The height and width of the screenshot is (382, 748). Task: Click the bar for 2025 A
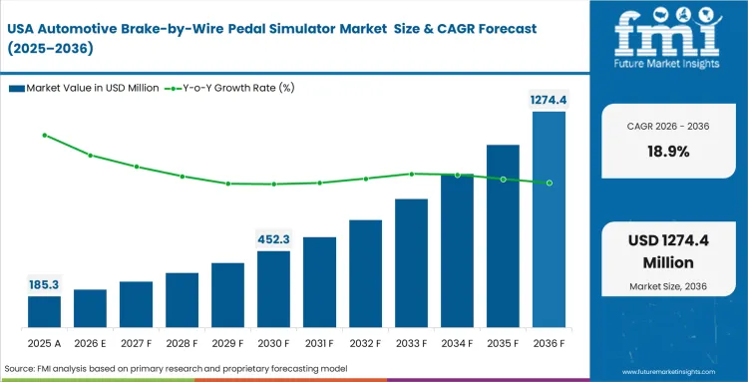44,312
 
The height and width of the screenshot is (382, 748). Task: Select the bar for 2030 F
273,289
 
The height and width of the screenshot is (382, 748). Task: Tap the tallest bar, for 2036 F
549,219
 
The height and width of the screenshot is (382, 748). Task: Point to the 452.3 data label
273,238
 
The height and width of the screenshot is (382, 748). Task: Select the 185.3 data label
44,284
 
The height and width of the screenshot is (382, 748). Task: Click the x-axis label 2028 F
182,343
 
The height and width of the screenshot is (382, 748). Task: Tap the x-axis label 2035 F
503,343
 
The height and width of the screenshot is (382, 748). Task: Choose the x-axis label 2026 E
90,343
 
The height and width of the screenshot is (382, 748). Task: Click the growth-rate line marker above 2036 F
549,183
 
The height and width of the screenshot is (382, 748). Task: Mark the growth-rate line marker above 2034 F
457,175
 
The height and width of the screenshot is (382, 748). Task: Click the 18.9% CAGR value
667,152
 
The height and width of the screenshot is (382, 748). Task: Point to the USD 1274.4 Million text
667,252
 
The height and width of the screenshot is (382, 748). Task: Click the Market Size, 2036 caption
667,287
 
